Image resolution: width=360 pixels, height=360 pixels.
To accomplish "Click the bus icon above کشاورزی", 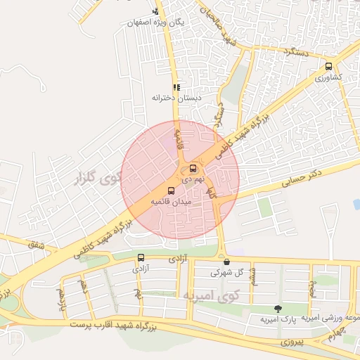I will [x=329, y=67].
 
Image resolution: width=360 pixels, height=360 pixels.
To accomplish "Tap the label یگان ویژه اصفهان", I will [x=155, y=22].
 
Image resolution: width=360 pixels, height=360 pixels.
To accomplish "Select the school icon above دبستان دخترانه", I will [x=176, y=87].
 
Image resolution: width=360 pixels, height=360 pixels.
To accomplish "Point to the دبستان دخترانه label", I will [x=176, y=98].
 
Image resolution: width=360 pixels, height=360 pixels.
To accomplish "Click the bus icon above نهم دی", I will [x=193, y=169].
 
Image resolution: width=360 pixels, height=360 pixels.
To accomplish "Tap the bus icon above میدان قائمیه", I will [x=171, y=191].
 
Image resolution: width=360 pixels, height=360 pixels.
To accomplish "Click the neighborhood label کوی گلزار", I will [x=95, y=176].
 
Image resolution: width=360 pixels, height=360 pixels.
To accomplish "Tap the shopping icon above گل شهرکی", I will [x=226, y=262].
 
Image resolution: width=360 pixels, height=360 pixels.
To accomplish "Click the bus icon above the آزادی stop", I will [x=141, y=257].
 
